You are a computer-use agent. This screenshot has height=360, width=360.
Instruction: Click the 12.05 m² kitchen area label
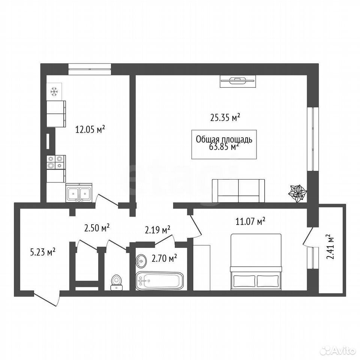point(90,130)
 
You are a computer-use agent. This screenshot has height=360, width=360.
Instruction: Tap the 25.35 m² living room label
point(225,117)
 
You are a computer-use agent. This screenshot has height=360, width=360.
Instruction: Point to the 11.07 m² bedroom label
point(250,222)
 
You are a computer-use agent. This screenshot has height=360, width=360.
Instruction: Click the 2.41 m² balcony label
point(330,247)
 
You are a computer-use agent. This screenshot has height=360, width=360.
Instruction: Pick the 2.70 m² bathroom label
point(164,259)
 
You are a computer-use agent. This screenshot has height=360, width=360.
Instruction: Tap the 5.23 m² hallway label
point(43,252)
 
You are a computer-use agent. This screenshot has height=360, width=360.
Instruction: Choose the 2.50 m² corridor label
point(97,228)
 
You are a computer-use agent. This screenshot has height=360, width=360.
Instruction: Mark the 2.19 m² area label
point(157,230)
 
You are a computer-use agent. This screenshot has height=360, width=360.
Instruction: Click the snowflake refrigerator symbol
point(54,91)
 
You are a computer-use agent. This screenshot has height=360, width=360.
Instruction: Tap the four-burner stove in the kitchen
point(56,162)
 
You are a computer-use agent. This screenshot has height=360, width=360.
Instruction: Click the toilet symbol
point(116,283)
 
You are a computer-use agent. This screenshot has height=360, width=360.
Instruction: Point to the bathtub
point(160,281)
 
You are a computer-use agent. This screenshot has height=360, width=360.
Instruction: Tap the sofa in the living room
point(238,191)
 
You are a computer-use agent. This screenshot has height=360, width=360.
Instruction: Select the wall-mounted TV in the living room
point(238,81)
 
